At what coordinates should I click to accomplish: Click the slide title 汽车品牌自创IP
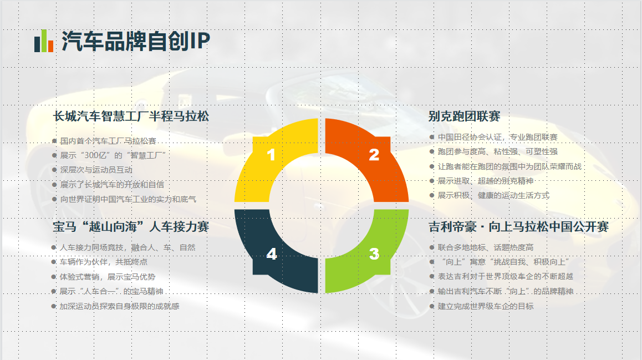pyautogui.click(x=135, y=41)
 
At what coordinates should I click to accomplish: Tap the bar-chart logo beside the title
pyautogui.click(x=44, y=41)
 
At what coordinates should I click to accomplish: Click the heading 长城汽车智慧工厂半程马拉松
pyautogui.click(x=131, y=116)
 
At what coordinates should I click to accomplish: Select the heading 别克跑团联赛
pyautogui.click(x=464, y=116)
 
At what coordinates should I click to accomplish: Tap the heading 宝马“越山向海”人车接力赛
pyautogui.click(x=131, y=226)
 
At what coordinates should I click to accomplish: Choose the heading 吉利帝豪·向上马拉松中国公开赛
pyautogui.click(x=519, y=226)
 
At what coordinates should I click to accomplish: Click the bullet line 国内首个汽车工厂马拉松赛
pyautogui.click(x=108, y=141)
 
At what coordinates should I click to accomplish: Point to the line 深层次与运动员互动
pyautogui.click(x=96, y=170)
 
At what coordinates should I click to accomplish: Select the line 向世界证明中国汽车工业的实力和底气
pyautogui.click(x=128, y=200)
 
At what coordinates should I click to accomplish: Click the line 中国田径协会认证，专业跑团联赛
pyautogui.click(x=497, y=137)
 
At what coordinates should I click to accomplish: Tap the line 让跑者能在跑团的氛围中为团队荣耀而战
pyautogui.click(x=509, y=166)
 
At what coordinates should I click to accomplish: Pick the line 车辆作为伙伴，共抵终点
pyautogui.click(x=104, y=262)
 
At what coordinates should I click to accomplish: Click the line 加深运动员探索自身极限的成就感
pyautogui.click(x=120, y=306)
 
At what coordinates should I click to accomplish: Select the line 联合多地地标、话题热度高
pyautogui.click(x=486, y=247)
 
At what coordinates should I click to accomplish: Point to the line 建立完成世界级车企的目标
pyautogui.click(x=486, y=306)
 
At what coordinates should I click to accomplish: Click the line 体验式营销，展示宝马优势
pyautogui.click(x=108, y=277)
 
